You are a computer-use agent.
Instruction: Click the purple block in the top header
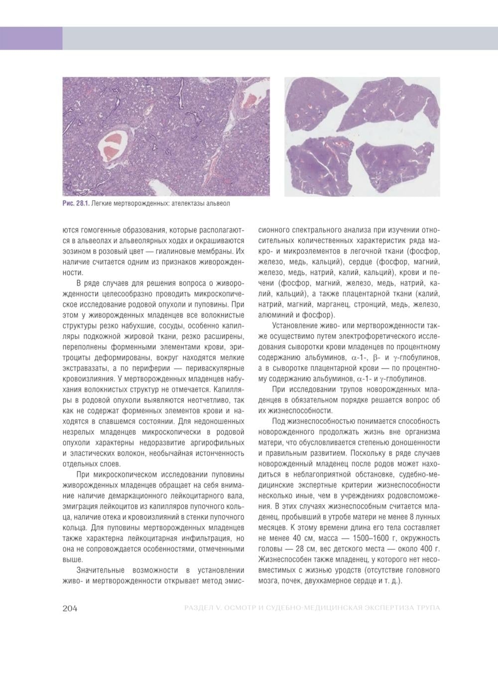(31, 38)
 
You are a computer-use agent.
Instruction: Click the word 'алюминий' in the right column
(275, 315)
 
